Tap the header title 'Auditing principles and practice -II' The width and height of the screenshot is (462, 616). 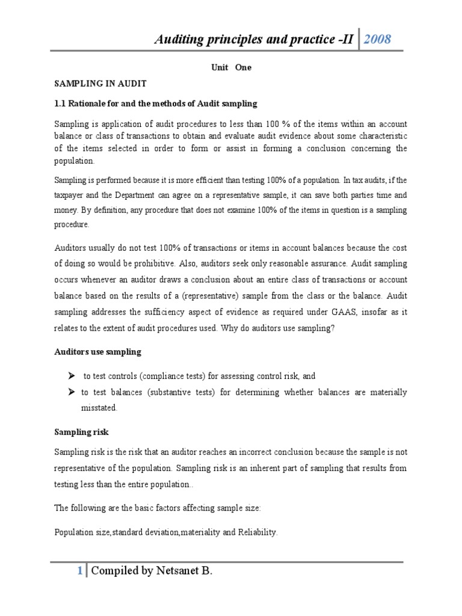click(255, 40)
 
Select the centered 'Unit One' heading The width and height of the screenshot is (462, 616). click(231, 67)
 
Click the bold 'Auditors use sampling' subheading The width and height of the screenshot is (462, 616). click(98, 351)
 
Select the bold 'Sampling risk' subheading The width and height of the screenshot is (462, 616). click(81, 432)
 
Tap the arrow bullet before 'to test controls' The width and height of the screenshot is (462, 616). click(71, 376)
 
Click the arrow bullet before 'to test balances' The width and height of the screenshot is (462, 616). click(71, 392)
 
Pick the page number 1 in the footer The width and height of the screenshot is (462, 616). click(79, 571)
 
